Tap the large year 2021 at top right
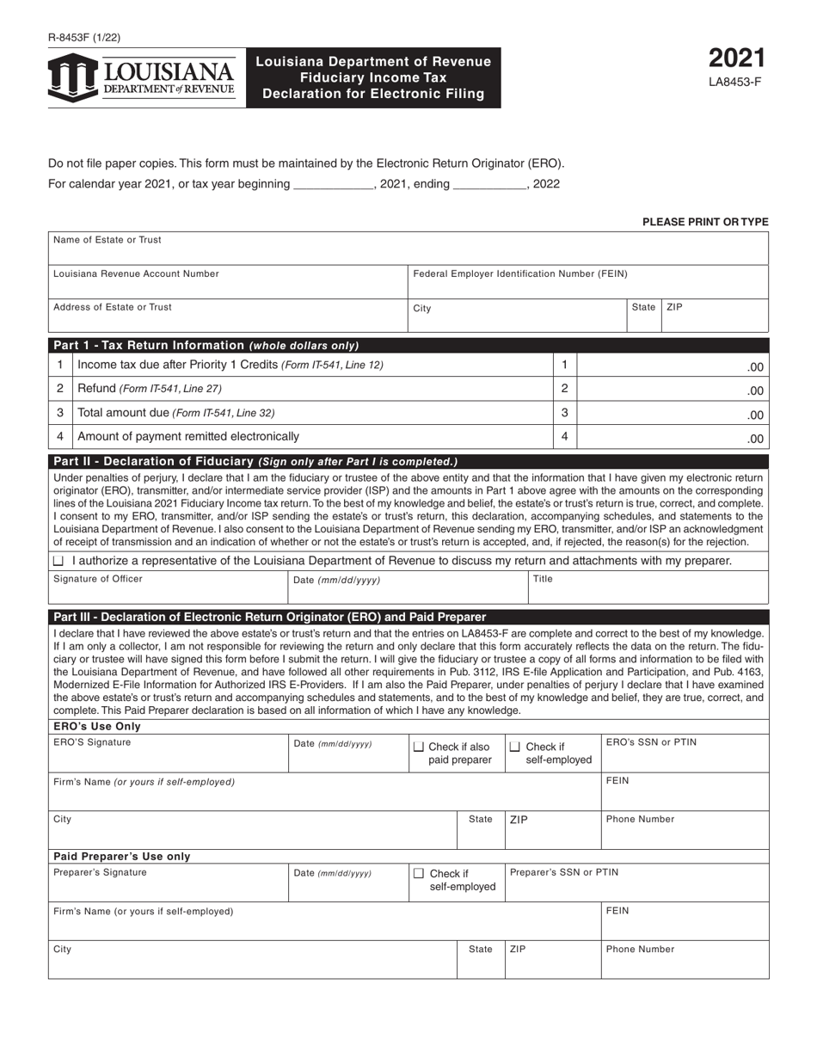[736, 58]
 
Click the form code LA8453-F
[736, 83]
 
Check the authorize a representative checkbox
[58, 561]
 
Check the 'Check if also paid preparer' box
[419, 747]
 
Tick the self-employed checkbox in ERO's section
[516, 747]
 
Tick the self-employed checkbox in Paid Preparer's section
[419, 873]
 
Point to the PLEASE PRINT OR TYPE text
[705, 222]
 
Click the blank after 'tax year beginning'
[332, 184]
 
